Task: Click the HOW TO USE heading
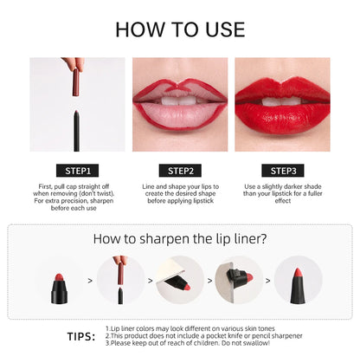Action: (180, 29)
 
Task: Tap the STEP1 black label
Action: (77, 171)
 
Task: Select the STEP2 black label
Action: (179, 171)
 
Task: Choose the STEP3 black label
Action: (282, 171)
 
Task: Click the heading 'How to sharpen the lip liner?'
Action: (180, 240)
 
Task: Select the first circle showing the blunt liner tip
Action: (61, 281)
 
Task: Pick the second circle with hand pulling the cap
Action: (120, 281)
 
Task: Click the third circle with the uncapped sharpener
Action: (180, 281)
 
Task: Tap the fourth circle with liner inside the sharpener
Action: (239, 281)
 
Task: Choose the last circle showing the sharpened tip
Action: (299, 281)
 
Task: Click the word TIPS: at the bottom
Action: (81, 337)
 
